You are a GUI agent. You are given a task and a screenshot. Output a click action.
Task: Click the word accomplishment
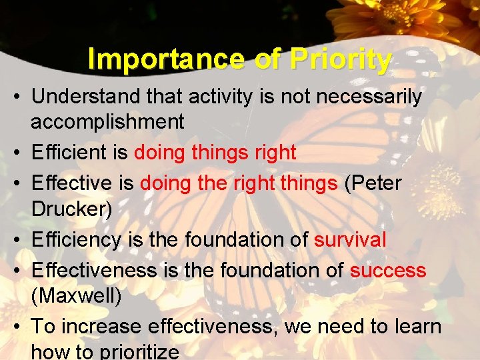coord(107,121)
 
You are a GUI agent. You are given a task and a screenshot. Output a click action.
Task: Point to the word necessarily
coord(369,97)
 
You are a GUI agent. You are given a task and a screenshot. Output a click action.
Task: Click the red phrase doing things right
coord(215,153)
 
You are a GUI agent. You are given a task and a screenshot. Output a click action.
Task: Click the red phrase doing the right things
coord(239,183)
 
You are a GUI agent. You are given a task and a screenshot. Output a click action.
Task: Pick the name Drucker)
coord(72,208)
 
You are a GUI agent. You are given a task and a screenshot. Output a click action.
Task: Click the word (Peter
coord(373,183)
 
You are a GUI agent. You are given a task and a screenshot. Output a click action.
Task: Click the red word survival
coord(350,239)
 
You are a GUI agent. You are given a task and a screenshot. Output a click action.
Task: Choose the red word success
coord(387,270)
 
